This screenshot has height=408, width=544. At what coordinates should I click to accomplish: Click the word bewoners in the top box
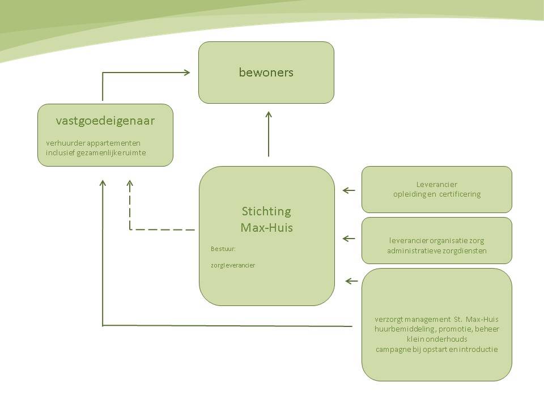(266, 73)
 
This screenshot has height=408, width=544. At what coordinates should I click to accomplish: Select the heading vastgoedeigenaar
(105, 120)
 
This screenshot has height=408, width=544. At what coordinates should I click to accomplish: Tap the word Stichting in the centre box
(266, 211)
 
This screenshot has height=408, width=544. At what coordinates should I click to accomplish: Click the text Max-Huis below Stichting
(266, 228)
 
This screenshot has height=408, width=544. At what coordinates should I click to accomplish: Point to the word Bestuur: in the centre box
(223, 249)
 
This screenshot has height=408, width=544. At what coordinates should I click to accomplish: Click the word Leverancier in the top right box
(436, 184)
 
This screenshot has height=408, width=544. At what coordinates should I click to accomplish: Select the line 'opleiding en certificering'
(436, 194)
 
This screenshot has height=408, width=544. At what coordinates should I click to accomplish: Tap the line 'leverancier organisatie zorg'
(436, 240)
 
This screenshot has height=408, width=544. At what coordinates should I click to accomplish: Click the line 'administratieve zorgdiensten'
(436, 250)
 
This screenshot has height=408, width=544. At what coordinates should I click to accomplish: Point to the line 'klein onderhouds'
(436, 339)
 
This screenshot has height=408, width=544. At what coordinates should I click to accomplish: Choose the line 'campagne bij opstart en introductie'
(436, 349)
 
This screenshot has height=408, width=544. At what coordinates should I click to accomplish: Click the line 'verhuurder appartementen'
(93, 142)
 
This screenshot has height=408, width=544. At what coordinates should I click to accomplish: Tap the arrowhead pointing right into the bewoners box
(186, 72)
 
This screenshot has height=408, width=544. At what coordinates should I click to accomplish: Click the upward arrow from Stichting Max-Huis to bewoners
(269, 134)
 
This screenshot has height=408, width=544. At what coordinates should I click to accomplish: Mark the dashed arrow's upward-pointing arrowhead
(130, 184)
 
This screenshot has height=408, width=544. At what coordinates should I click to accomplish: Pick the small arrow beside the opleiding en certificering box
(349, 190)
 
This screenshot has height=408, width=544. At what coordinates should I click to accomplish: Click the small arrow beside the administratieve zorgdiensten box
(349, 240)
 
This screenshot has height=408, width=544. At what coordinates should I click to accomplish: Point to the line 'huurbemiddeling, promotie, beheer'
(436, 329)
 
